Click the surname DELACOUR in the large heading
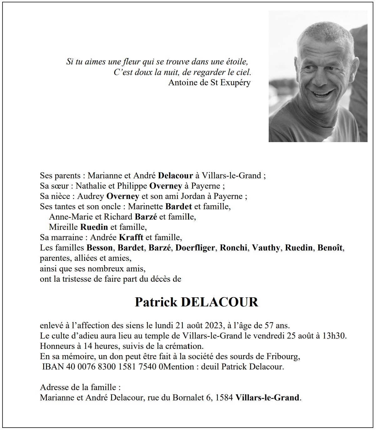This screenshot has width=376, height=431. click(x=220, y=302)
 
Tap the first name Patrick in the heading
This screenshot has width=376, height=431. click(x=156, y=302)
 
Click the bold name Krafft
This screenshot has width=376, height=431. click(x=131, y=237)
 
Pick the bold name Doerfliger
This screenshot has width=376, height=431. click(x=195, y=248)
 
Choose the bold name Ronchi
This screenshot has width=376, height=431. click(x=234, y=248)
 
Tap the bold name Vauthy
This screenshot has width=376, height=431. click(x=266, y=248)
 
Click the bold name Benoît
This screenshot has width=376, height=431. click(x=330, y=248)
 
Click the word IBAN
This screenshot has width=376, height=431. click(x=53, y=367)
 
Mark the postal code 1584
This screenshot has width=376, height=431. click(x=224, y=398)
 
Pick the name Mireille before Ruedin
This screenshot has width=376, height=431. click(x=64, y=227)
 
